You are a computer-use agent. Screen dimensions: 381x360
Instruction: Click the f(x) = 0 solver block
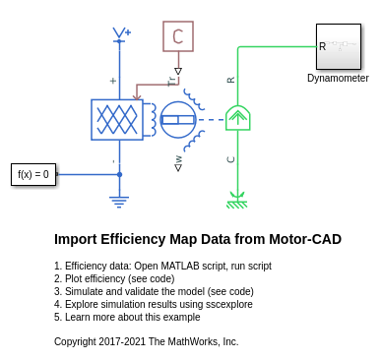(33, 174)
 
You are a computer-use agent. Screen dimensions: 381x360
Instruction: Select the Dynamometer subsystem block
(339, 46)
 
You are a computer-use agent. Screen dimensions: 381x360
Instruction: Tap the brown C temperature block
(178, 36)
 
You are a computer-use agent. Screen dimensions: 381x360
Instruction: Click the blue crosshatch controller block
(117, 120)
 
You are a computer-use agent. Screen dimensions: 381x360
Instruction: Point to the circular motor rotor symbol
(178, 119)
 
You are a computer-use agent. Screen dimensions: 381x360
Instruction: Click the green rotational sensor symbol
(238, 118)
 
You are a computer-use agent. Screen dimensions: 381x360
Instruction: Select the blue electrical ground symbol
(119, 202)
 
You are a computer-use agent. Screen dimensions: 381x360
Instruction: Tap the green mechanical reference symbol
(237, 201)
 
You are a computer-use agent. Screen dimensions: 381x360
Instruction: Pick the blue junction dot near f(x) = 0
(119, 174)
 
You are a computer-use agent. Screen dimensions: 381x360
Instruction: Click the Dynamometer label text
(338, 78)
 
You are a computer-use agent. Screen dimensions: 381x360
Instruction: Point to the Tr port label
(171, 82)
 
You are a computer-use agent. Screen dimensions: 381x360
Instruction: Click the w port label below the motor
(178, 159)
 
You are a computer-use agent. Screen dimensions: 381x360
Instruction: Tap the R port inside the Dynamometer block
(322, 46)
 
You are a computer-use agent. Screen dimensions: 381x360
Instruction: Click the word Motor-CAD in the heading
(305, 239)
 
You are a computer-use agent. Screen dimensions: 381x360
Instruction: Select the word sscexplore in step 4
(229, 304)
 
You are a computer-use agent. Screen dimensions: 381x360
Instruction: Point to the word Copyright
(75, 341)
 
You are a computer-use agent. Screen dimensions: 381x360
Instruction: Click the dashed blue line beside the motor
(212, 120)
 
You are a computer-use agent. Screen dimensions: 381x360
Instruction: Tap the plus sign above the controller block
(113, 81)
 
